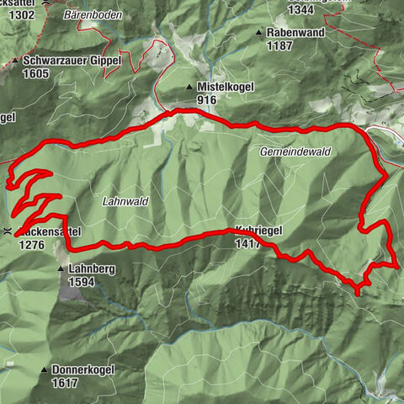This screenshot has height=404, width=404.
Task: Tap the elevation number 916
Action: [x=207, y=100]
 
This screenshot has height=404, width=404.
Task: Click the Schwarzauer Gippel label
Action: [x=73, y=61]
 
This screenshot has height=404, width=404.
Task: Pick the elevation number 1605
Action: [x=37, y=74]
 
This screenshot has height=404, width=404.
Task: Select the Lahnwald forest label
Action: [x=125, y=202]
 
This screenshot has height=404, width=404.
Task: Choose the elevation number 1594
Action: [x=82, y=282]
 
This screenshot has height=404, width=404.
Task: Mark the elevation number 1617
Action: [x=65, y=383]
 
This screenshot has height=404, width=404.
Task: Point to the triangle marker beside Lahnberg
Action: [x=61, y=269]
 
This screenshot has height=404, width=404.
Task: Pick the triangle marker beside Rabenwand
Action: [x=260, y=32]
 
